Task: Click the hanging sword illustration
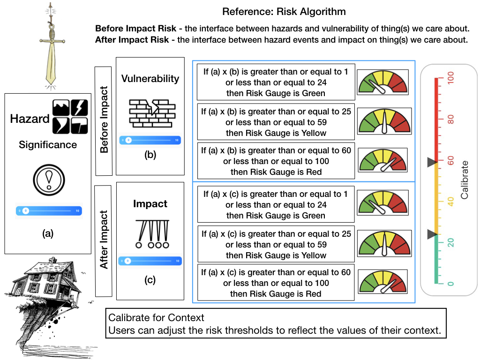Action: click(x=51, y=45)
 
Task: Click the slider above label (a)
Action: click(x=49, y=211)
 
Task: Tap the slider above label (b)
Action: click(x=150, y=140)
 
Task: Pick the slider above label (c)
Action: click(x=150, y=261)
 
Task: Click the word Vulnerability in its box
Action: click(x=150, y=78)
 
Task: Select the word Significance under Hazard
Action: click(x=48, y=145)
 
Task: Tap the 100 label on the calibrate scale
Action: click(x=450, y=77)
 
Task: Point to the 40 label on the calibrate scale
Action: click(x=450, y=202)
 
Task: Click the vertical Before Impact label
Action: click(x=104, y=120)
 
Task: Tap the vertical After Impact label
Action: click(x=104, y=240)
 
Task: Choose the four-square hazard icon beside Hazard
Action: click(x=70, y=116)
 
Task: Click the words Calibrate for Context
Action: click(x=156, y=318)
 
